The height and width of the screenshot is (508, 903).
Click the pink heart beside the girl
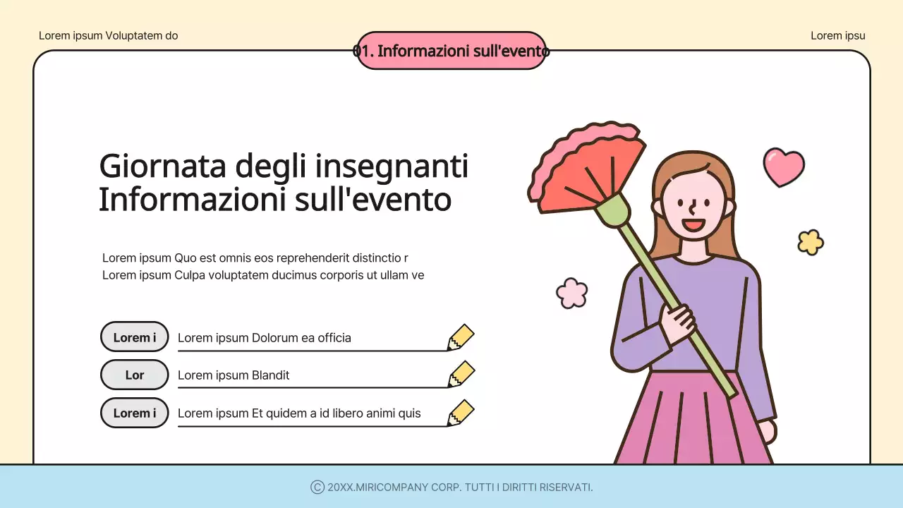click(x=783, y=167)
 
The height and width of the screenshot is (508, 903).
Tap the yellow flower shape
click(x=811, y=242)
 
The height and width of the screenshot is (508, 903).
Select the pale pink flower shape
click(x=571, y=293)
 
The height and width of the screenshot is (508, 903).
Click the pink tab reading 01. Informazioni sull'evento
click(x=451, y=50)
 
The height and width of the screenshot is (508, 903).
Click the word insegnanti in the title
click(x=392, y=167)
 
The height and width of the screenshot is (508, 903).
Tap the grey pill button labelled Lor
click(x=135, y=375)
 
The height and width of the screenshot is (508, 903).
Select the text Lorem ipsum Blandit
click(x=234, y=375)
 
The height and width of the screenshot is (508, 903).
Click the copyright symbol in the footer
click(x=317, y=487)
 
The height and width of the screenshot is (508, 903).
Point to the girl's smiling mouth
click(x=693, y=226)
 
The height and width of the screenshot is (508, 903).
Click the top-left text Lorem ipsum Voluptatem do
click(x=108, y=35)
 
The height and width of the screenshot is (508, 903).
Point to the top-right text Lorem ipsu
click(x=837, y=35)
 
